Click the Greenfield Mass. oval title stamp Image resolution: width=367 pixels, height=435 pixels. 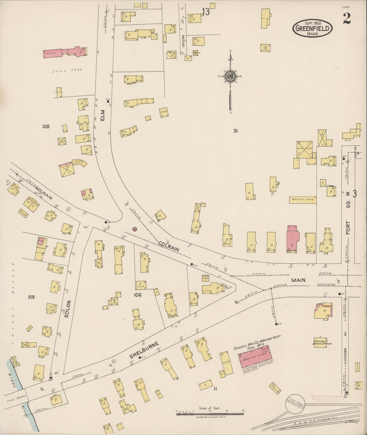[x=313, y=29]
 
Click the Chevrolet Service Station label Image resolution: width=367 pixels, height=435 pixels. [x=322, y=342]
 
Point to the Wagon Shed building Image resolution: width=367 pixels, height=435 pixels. [x=303, y=200]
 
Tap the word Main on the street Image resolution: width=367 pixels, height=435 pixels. [x=298, y=280]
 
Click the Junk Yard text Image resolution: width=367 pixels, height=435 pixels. [x=67, y=71]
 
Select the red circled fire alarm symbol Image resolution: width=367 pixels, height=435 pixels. [x=135, y=229]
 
